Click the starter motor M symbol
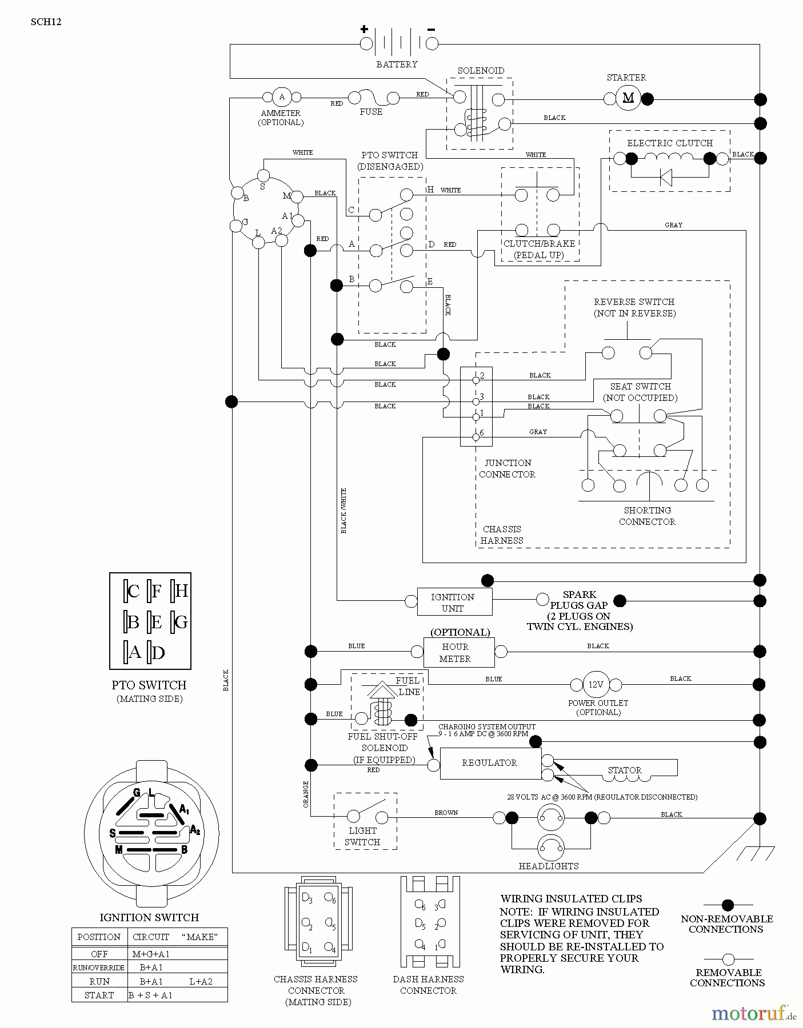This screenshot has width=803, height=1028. [x=628, y=98]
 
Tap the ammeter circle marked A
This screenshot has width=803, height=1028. [x=281, y=97]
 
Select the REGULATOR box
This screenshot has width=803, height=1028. [x=490, y=763]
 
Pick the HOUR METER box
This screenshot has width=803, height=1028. [x=458, y=652]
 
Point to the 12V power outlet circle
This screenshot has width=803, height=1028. [x=596, y=684]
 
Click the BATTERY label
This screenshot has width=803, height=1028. [x=397, y=65]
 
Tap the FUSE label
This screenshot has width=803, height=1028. [x=371, y=112]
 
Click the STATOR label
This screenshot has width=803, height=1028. [x=624, y=770]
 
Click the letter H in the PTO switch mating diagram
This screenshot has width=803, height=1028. [x=181, y=591]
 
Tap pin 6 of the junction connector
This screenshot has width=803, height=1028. [x=476, y=437]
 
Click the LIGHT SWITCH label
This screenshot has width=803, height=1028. [x=362, y=836]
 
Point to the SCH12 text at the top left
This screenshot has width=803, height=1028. [x=46, y=22]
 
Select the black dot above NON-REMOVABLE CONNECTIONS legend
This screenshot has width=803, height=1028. [x=728, y=905]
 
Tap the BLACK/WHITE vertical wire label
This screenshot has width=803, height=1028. [x=343, y=511]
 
